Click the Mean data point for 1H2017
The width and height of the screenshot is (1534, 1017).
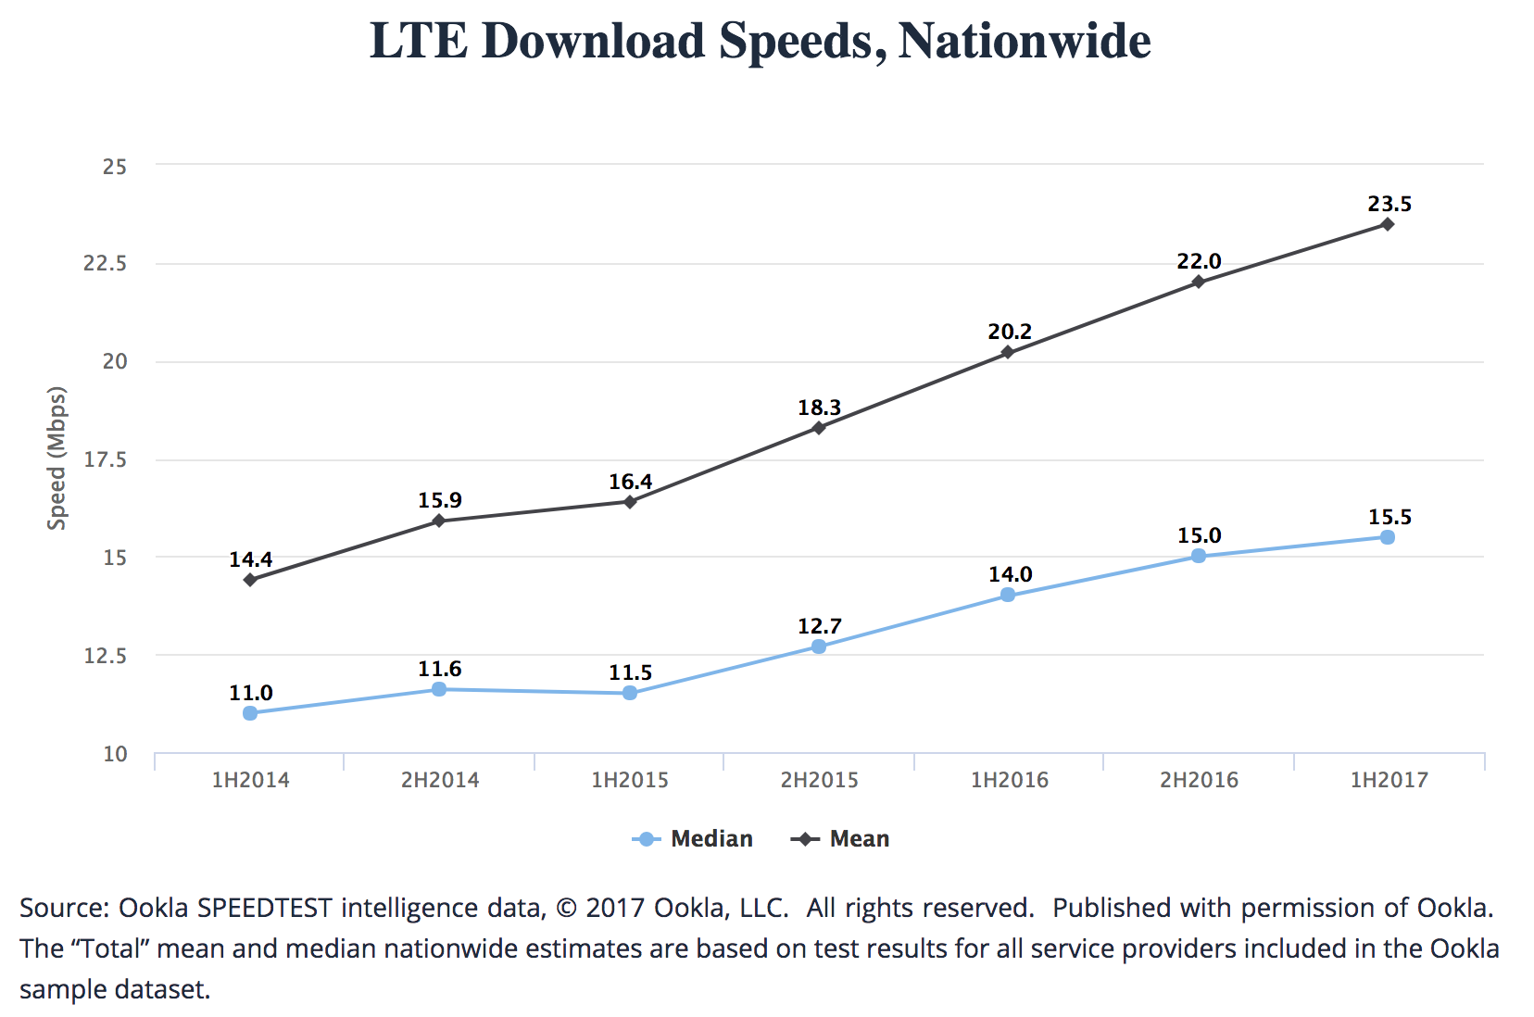pyautogui.click(x=1387, y=224)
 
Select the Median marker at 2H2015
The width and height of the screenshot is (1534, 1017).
pyautogui.click(x=819, y=647)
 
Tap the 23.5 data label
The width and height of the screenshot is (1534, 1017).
pyautogui.click(x=1389, y=204)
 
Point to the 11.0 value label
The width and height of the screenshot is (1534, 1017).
pyautogui.click(x=251, y=693)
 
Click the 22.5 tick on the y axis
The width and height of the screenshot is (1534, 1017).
pyautogui.click(x=105, y=263)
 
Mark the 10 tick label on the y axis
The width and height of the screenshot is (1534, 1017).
pyautogui.click(x=115, y=754)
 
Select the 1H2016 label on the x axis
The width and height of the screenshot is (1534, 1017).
pyautogui.click(x=1010, y=780)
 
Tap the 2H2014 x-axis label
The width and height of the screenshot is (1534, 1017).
pyautogui.click(x=440, y=780)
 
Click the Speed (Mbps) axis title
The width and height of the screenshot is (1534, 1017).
pyautogui.click(x=57, y=458)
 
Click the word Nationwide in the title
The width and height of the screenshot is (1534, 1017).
pyautogui.click(x=1025, y=42)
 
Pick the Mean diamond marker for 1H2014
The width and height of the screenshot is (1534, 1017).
pyautogui.click(x=250, y=580)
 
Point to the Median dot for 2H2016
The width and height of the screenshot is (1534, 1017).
pyautogui.click(x=1198, y=556)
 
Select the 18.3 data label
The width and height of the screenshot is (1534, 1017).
pyautogui.click(x=820, y=408)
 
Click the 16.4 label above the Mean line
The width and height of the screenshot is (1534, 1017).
pyautogui.click(x=630, y=482)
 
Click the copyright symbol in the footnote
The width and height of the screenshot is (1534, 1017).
pyautogui.click(x=565, y=908)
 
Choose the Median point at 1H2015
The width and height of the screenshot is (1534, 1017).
pyautogui.click(x=630, y=693)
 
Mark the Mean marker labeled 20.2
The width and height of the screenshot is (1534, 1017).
pyautogui.click(x=1008, y=352)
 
